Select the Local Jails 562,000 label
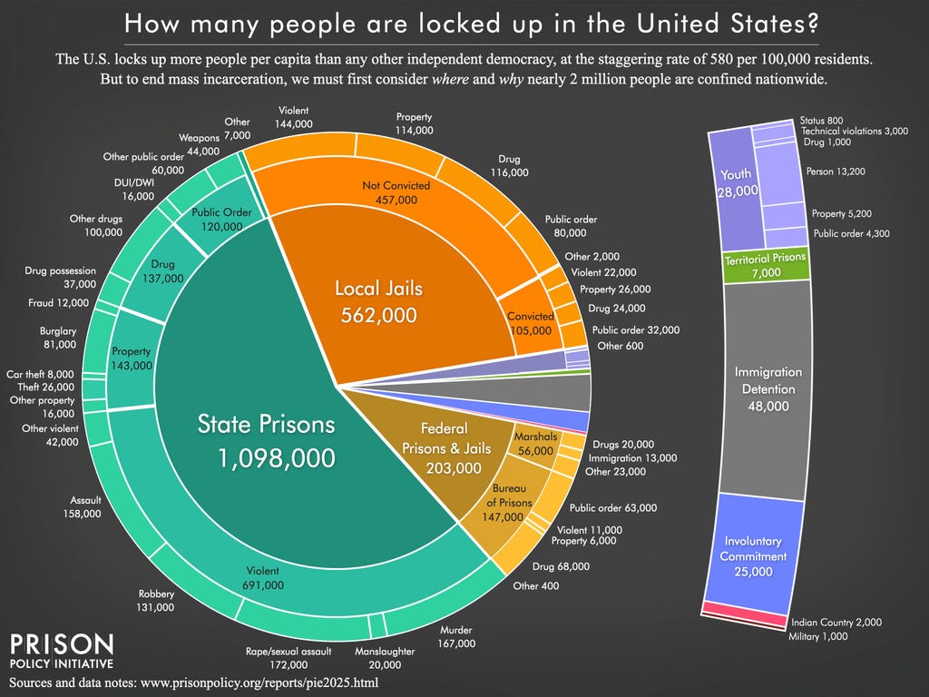[x=378, y=302]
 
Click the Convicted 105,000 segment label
[x=531, y=323]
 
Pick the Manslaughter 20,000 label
[x=385, y=658]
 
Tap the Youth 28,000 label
[x=735, y=182]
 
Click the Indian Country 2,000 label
[x=836, y=623]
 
